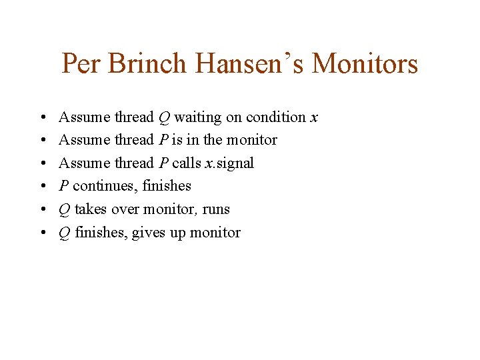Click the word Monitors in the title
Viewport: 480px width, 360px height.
pos(365,64)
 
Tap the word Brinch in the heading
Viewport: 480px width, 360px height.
pos(147,64)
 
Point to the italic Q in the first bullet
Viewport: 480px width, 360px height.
pos(163,117)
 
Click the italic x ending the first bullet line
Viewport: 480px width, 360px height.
pos(314,117)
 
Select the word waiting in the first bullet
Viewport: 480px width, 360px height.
pos(198,117)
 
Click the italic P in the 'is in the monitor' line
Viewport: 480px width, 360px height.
pos(163,140)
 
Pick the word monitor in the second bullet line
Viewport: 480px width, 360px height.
pos(253,140)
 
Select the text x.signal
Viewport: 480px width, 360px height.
pos(229,163)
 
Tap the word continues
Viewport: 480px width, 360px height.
pos(106,186)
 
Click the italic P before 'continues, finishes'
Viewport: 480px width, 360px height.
pos(63,186)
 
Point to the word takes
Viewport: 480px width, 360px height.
pos(90,209)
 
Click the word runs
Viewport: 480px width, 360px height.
pos(216,209)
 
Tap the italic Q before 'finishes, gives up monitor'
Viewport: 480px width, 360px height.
pos(64,233)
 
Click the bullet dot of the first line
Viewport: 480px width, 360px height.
pos(42,117)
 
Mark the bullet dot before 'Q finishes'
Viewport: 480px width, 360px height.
pos(42,233)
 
